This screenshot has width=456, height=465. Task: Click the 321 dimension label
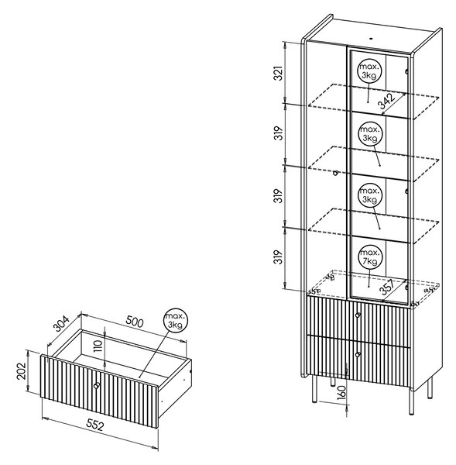tap(279, 73)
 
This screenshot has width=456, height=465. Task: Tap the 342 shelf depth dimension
tap(386, 101)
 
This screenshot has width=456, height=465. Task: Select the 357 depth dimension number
tap(388, 287)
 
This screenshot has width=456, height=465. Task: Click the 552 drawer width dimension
tap(95, 425)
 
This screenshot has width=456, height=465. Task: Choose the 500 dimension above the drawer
tap(135, 322)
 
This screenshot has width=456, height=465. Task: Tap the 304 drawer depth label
tap(61, 323)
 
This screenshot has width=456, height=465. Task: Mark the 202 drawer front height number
tap(22, 371)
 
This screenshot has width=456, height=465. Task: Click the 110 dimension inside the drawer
tap(98, 346)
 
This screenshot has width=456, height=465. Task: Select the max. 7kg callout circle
tap(370, 257)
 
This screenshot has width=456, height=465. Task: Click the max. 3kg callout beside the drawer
tap(176, 320)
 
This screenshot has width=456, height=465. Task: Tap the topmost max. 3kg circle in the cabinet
tap(370, 71)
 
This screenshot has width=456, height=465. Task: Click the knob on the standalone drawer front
tap(97, 385)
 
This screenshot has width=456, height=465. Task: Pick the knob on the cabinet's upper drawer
tap(358, 315)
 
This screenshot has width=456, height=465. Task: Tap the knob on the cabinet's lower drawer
tap(358, 354)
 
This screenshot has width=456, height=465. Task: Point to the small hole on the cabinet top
tap(371, 38)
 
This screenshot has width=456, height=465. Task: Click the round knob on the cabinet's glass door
tap(335, 173)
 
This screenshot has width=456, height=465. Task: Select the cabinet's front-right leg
tap(411, 401)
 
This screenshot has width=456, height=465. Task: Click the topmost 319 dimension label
tap(279, 133)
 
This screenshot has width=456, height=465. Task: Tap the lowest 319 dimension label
tap(279, 257)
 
